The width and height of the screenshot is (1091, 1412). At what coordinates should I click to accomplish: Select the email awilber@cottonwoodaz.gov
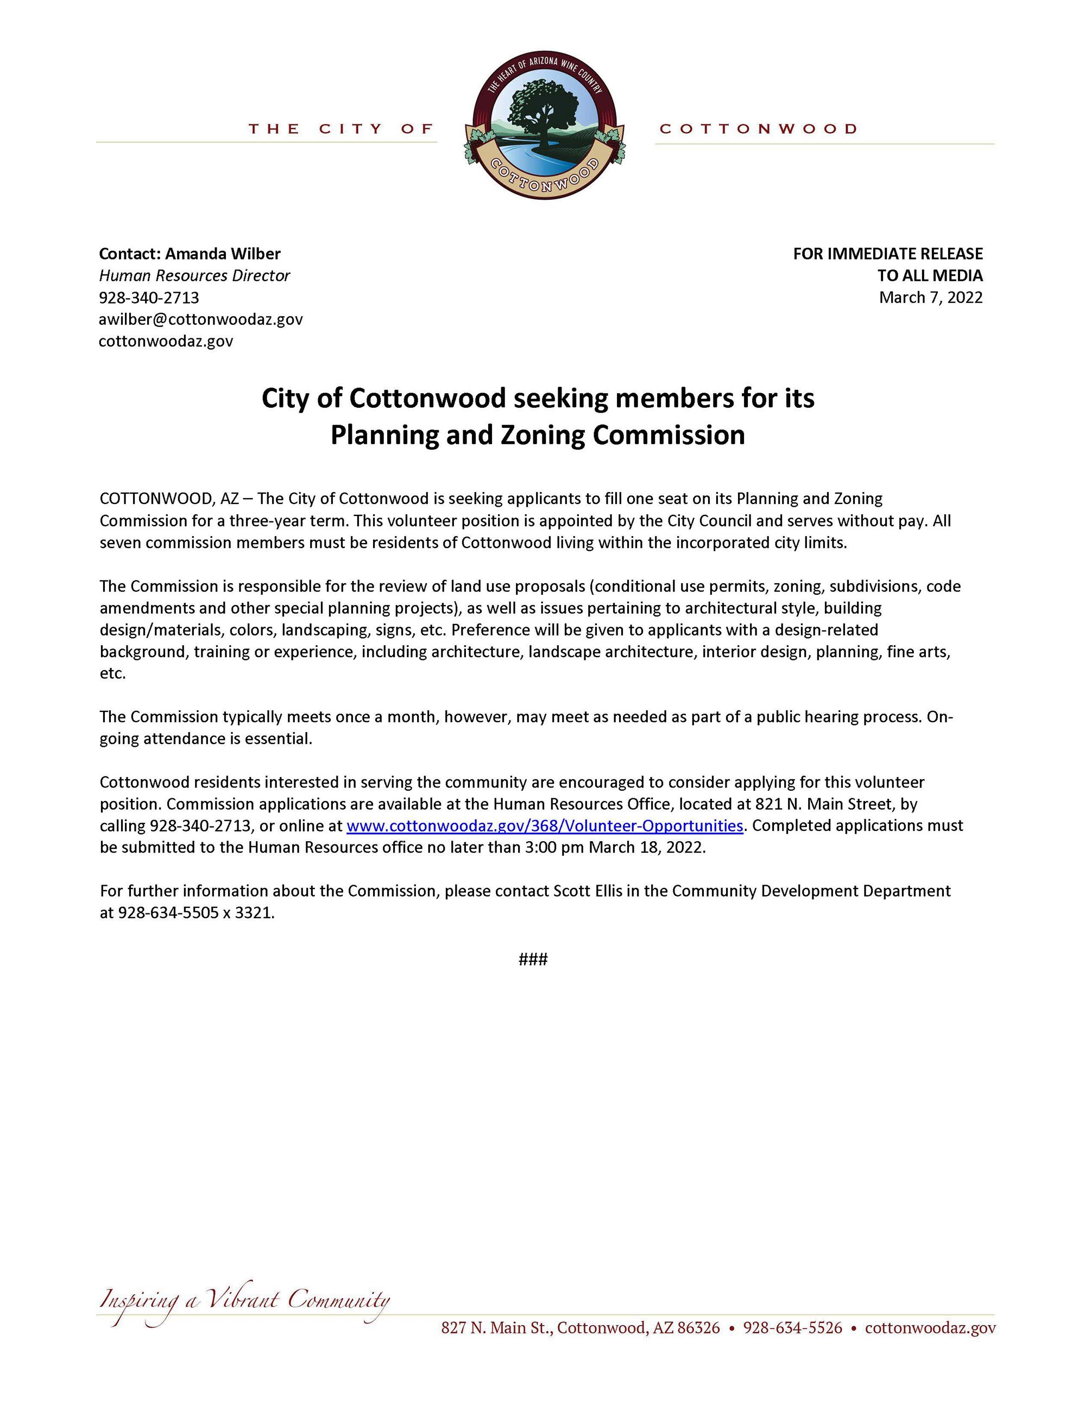200,319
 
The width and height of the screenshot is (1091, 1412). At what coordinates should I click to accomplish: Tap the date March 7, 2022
930,298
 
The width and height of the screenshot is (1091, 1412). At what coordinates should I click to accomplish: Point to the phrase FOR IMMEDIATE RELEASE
887,254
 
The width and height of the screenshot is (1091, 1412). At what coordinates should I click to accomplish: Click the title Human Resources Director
194,275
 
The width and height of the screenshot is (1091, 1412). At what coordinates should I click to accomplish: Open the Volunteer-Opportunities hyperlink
544,825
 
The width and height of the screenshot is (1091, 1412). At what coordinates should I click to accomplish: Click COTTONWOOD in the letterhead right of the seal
758,129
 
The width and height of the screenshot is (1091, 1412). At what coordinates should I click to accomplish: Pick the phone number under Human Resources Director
149,298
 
